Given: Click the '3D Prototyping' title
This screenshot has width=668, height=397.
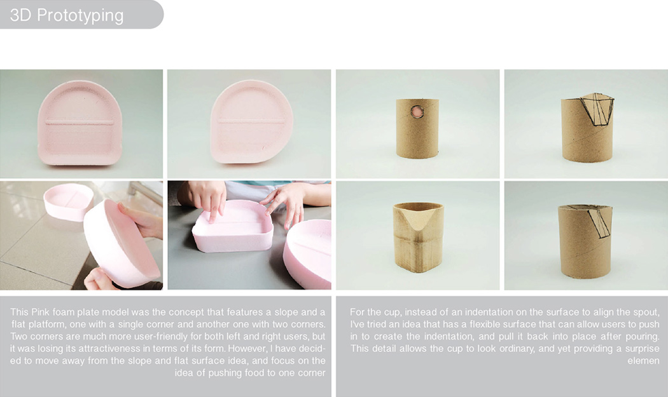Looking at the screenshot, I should click(67, 15).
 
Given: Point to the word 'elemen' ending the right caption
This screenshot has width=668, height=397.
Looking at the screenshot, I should click(646, 361).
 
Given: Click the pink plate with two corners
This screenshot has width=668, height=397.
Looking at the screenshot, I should click(80, 123).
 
